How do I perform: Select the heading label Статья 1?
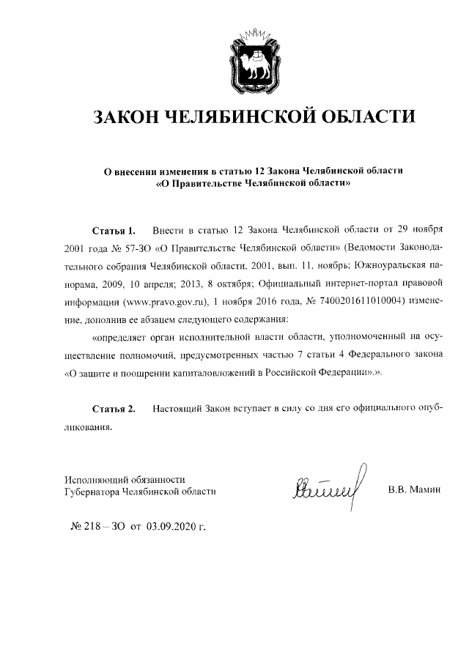tap(114, 232)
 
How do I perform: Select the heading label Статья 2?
tap(114, 408)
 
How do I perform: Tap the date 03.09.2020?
tap(177, 526)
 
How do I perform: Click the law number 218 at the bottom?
tap(97, 526)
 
